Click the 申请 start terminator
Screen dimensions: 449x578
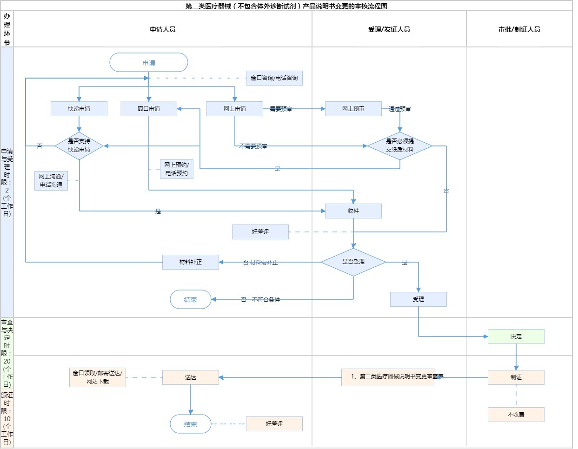[149, 62]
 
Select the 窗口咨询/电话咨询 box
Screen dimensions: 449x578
[274, 78]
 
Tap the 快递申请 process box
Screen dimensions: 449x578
[79, 109]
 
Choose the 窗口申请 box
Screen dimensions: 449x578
[149, 109]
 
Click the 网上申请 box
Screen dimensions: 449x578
[235, 109]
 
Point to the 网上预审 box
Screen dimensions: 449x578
[353, 109]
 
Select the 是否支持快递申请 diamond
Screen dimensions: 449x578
[79, 146]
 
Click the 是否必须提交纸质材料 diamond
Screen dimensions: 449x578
[400, 146]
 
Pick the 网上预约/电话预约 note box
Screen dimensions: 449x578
[177, 169]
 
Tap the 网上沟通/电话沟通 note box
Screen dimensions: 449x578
[51, 181]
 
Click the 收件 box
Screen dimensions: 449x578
[353, 211]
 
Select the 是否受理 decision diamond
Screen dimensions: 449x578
[353, 262]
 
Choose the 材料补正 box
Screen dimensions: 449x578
[191, 262]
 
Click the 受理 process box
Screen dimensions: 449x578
[419, 299]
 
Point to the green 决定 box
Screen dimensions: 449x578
[516, 337]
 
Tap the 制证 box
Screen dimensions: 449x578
[516, 377]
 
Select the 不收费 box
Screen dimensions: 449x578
[516, 415]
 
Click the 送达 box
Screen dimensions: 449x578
[191, 377]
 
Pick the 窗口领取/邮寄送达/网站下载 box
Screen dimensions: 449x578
[98, 377]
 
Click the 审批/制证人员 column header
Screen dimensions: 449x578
[519, 29]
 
